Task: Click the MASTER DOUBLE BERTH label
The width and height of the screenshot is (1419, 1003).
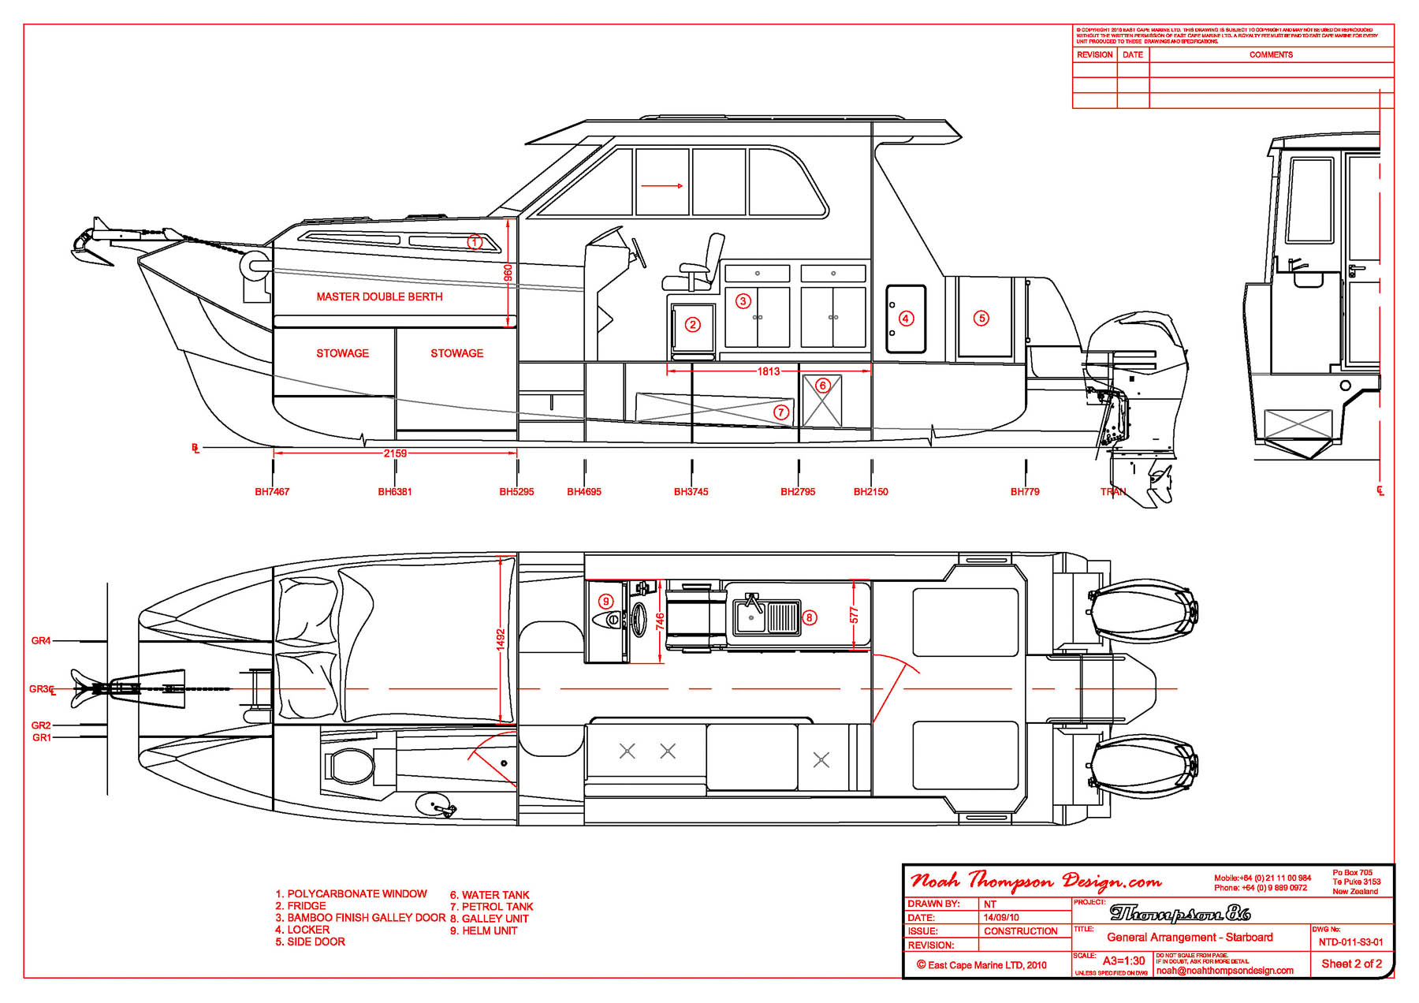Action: tap(379, 297)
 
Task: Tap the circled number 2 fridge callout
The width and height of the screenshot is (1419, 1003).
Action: tap(693, 324)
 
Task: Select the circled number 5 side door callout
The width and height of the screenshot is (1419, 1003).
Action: tap(981, 319)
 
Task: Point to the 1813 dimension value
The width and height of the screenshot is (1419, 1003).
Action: tap(769, 371)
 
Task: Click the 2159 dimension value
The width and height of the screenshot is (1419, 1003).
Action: tap(395, 453)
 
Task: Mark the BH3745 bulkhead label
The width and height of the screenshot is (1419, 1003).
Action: tap(691, 492)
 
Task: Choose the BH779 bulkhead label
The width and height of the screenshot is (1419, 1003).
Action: tap(1025, 492)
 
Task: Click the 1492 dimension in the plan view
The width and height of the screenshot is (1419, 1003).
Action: tap(501, 639)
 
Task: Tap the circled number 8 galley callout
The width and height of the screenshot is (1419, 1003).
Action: tap(810, 617)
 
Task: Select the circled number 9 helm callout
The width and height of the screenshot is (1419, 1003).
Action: tap(606, 602)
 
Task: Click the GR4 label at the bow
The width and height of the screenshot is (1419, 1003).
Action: tap(41, 641)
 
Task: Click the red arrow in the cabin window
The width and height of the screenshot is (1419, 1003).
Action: tap(661, 186)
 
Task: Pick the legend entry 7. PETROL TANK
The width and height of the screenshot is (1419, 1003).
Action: tap(491, 907)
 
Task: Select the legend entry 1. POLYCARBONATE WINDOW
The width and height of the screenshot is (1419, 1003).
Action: tap(351, 894)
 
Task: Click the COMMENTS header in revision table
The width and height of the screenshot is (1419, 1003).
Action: tap(1271, 55)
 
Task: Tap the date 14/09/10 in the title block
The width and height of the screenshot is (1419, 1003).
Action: tap(1001, 918)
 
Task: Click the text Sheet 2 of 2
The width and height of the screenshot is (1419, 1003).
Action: tap(1351, 964)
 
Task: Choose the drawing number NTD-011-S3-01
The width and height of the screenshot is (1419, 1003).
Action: tap(1350, 942)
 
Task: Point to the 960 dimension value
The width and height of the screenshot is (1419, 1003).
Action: tap(508, 273)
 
